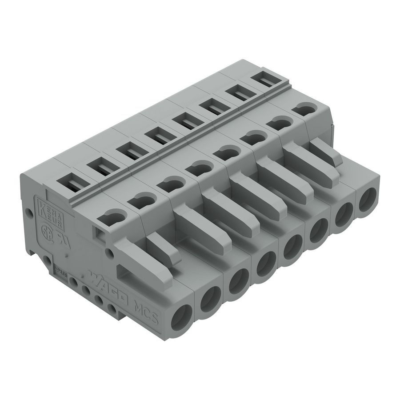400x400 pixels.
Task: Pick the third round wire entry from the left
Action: pos(239,280)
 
